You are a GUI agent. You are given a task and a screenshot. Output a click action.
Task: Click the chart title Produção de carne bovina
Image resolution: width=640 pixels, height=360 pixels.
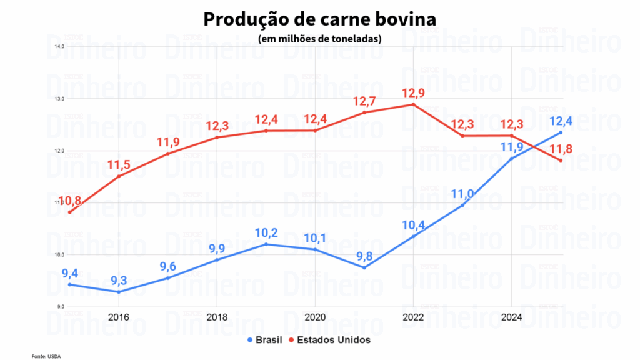click(x=319, y=19)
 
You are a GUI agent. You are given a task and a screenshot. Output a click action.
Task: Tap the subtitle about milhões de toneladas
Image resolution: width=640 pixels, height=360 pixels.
click(x=319, y=39)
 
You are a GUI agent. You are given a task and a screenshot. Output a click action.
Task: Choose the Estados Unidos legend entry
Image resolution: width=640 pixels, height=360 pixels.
click(x=332, y=340)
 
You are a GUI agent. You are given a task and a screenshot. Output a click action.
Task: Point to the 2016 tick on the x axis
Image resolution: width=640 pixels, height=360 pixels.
click(x=118, y=316)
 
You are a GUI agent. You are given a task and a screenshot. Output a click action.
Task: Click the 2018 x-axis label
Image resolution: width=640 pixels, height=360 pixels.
click(x=216, y=316)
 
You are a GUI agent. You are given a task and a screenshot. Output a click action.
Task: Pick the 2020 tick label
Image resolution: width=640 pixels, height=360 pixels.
click(x=314, y=316)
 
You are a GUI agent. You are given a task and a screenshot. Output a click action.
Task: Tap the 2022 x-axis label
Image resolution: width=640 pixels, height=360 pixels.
click(x=412, y=316)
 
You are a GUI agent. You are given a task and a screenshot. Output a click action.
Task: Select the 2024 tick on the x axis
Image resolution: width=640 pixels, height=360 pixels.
click(x=511, y=316)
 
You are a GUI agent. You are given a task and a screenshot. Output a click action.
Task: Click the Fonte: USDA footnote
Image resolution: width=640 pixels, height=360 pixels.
click(x=46, y=356)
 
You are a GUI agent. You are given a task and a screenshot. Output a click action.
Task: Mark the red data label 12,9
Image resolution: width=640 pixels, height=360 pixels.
click(x=412, y=92)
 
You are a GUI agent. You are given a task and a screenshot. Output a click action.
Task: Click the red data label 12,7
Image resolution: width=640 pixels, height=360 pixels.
click(x=364, y=101)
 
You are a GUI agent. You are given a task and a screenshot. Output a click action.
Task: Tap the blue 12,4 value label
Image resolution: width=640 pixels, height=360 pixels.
click(x=561, y=121)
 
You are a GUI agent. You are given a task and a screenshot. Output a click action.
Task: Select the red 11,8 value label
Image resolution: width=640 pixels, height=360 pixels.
click(x=561, y=149)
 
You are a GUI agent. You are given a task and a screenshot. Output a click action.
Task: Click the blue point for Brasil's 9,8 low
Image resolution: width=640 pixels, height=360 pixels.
click(x=364, y=267)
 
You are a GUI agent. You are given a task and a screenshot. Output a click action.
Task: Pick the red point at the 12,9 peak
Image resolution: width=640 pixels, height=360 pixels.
click(x=412, y=104)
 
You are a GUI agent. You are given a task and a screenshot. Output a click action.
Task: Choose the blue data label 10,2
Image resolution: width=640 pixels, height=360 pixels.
click(x=266, y=233)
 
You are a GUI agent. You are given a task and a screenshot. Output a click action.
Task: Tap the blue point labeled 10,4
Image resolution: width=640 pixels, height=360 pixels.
click(x=412, y=236)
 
